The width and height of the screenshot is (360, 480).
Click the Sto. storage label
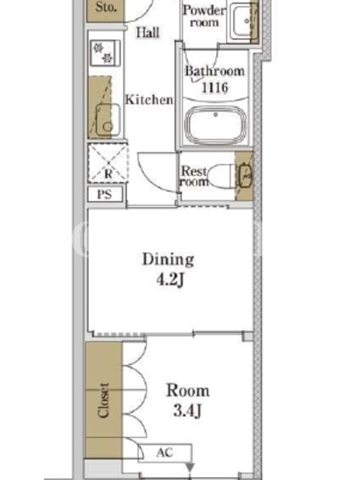click(106, 7)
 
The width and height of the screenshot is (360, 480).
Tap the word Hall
click(148, 32)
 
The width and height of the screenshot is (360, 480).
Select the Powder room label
click(204, 16)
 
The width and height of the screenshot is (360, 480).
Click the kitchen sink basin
click(108, 120)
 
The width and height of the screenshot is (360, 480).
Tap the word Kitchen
click(149, 100)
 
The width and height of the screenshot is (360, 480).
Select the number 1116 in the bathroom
click(215, 88)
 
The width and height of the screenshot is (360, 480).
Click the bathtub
click(215, 125)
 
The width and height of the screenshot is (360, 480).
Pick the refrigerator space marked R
click(108, 163)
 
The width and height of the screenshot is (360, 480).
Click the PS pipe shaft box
click(106, 194)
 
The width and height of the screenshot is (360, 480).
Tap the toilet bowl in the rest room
click(220, 176)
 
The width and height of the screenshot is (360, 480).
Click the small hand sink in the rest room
click(245, 176)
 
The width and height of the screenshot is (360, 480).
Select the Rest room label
click(194, 176)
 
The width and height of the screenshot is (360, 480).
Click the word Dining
click(168, 260)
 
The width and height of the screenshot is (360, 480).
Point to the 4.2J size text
click(170, 280)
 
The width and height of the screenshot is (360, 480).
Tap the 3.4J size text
click(187, 410)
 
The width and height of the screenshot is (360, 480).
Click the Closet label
click(103, 400)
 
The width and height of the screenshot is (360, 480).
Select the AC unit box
click(164, 453)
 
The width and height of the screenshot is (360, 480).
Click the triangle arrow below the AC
click(190, 467)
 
